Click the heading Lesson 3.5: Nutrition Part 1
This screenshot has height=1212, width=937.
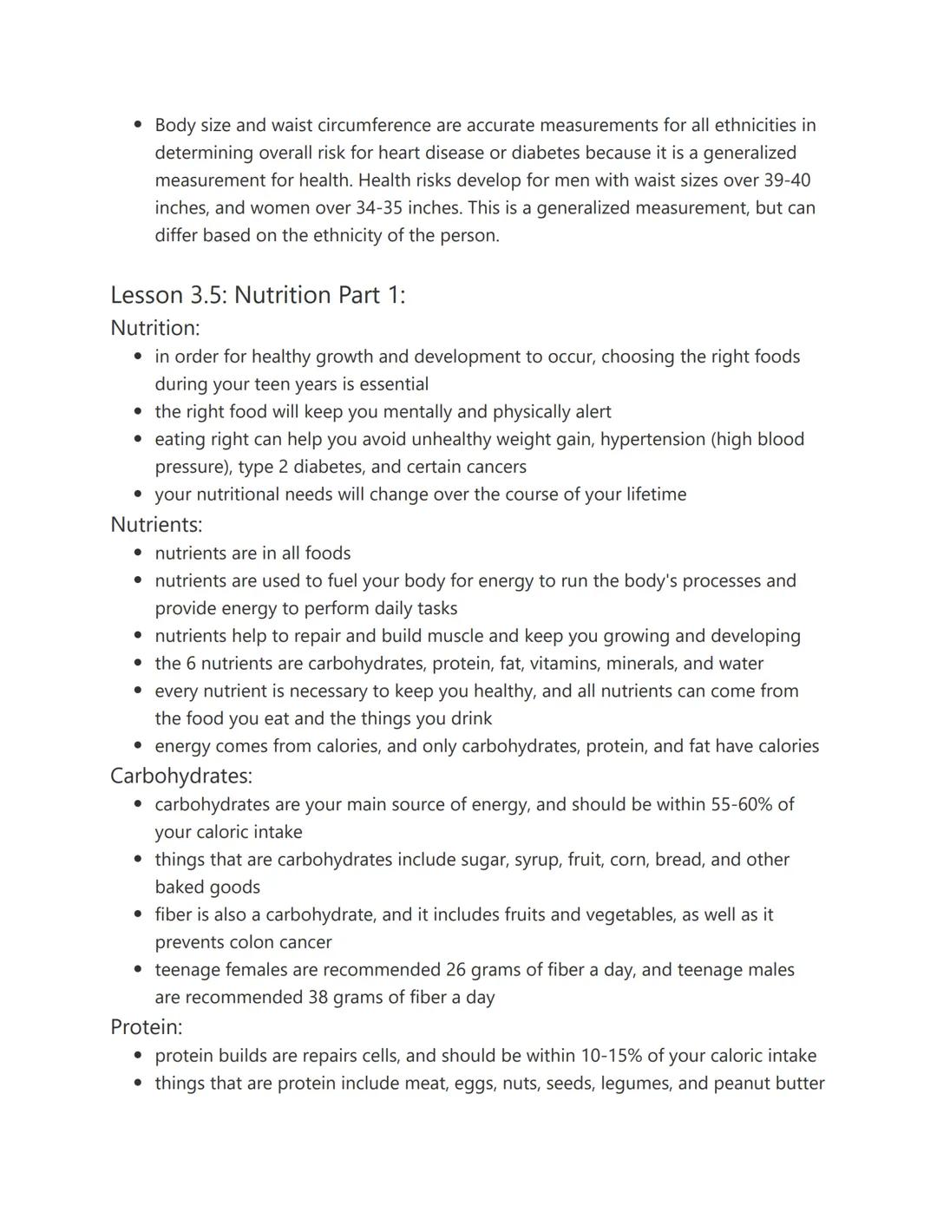pos(258,295)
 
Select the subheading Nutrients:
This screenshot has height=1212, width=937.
pos(156,524)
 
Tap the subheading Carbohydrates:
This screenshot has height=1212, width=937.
pos(180,776)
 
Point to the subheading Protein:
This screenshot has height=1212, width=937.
pos(146,1027)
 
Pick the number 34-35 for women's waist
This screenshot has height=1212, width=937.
pos(379,208)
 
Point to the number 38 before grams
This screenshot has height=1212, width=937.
pos(318,997)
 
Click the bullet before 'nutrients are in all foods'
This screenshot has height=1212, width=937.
pos(138,554)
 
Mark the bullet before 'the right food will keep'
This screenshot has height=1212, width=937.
pos(138,412)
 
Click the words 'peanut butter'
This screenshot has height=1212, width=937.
pos(769,1084)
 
